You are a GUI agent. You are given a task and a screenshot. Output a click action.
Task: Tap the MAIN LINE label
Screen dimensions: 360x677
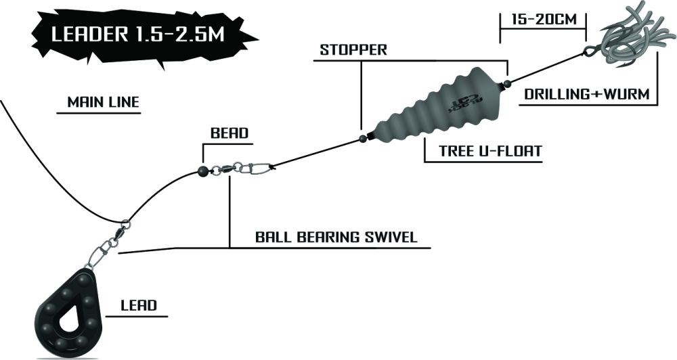pos(103,103)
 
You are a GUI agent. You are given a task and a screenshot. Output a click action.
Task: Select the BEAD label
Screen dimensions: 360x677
pos(225,133)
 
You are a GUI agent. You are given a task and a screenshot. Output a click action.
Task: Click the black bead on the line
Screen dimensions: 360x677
pos(201,171)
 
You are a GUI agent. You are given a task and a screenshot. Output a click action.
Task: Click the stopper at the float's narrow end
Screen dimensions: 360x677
pos(362,139)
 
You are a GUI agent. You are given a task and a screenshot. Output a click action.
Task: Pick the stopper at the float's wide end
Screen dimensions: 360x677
pos(506,84)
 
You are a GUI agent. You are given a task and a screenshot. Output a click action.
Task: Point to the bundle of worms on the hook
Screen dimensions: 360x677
pos(630,37)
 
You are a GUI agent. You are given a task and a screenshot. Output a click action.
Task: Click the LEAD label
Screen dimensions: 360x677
pos(139,305)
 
